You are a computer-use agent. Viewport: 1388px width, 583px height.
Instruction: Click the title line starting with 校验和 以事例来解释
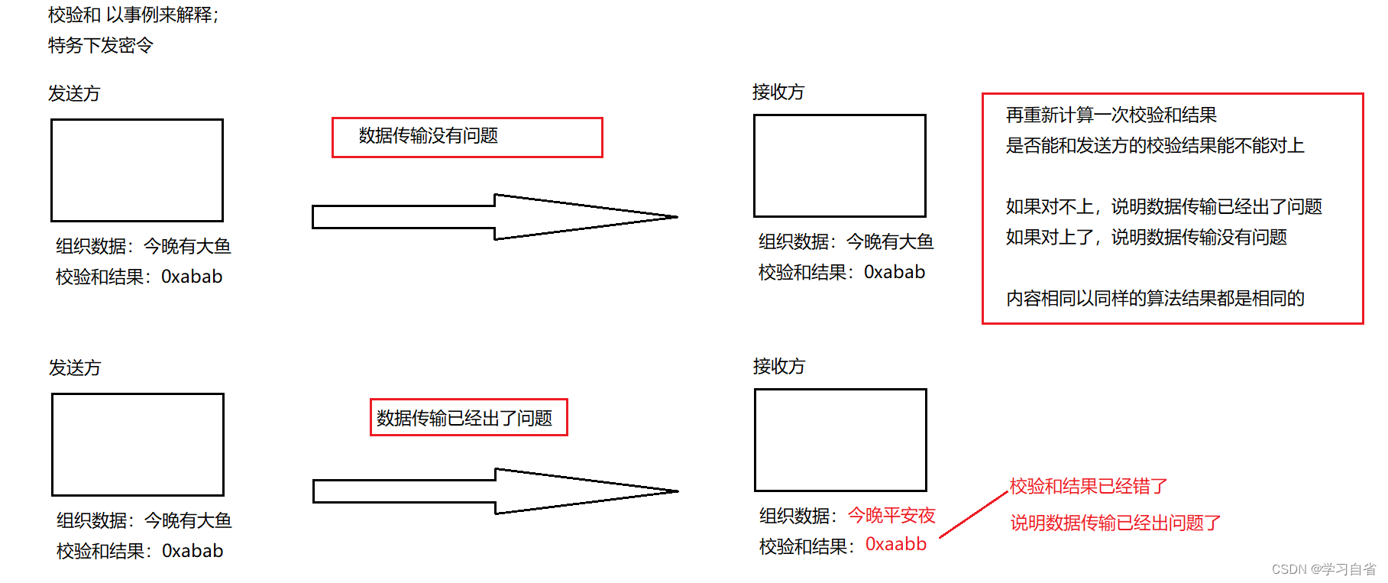[134, 15]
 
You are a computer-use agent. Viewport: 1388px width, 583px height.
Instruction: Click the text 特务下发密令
[101, 45]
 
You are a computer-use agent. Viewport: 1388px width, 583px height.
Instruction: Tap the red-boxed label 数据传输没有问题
[429, 136]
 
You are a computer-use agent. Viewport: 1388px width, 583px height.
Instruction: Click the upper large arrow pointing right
[495, 217]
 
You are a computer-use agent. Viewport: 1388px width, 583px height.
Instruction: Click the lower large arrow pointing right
[496, 491]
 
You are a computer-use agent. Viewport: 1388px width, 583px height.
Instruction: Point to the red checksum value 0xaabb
[896, 544]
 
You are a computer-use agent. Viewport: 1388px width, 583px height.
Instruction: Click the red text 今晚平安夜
[892, 516]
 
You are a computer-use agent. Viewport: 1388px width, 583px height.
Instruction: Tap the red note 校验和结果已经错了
[1089, 486]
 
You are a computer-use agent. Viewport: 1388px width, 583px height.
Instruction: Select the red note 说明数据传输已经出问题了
[1115, 523]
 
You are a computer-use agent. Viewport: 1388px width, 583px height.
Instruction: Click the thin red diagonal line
[974, 514]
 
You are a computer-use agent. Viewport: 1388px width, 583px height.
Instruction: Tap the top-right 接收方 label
[778, 92]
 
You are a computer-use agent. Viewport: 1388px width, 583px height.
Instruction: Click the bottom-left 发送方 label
[75, 368]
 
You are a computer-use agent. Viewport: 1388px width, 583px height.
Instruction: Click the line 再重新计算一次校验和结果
[1111, 115]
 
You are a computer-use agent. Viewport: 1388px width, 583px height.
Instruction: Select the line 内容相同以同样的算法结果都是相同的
[1155, 298]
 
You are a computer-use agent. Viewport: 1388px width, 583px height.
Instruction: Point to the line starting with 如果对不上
[1164, 206]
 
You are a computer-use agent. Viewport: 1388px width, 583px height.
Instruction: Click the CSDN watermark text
[1324, 569]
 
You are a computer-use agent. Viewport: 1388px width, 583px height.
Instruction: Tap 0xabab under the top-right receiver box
[895, 272]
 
